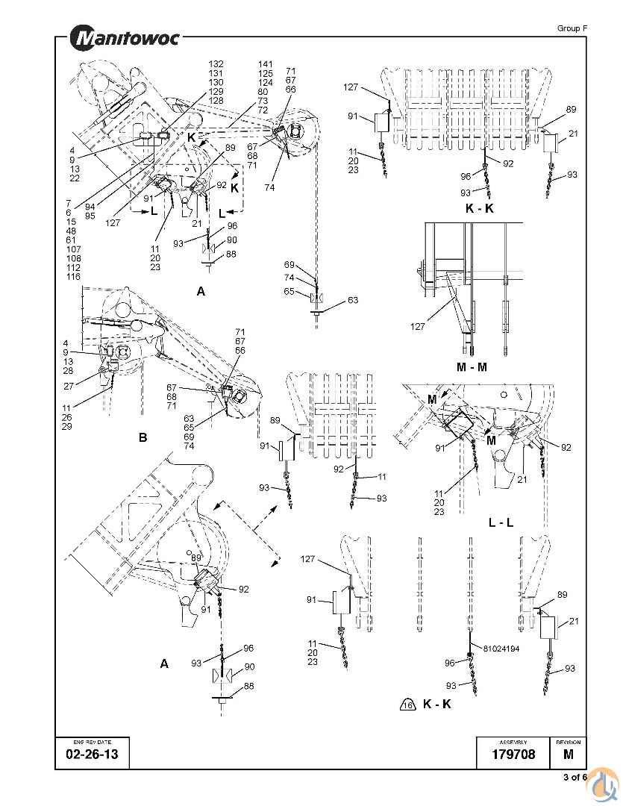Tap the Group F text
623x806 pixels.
(572, 28)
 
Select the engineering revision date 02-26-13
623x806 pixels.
(87, 755)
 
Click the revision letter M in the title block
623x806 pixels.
(569, 755)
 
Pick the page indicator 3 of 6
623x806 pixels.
(575, 777)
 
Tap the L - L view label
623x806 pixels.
(501, 522)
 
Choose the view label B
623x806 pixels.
(143, 438)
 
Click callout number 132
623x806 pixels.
(216, 64)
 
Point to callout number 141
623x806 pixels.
(266, 64)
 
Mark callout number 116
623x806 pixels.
(72, 277)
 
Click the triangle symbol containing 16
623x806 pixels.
(407, 705)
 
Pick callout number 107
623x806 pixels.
(72, 250)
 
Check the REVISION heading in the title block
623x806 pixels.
(568, 742)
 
